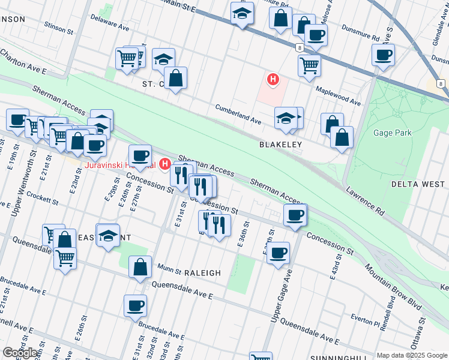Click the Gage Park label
click(393, 133)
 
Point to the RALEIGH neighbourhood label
click(202, 272)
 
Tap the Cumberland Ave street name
click(238, 114)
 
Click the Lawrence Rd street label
click(364, 201)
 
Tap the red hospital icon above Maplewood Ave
click(273, 79)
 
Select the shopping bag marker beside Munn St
click(140, 268)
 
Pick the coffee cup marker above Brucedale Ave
click(135, 305)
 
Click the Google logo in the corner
click(20, 353)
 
